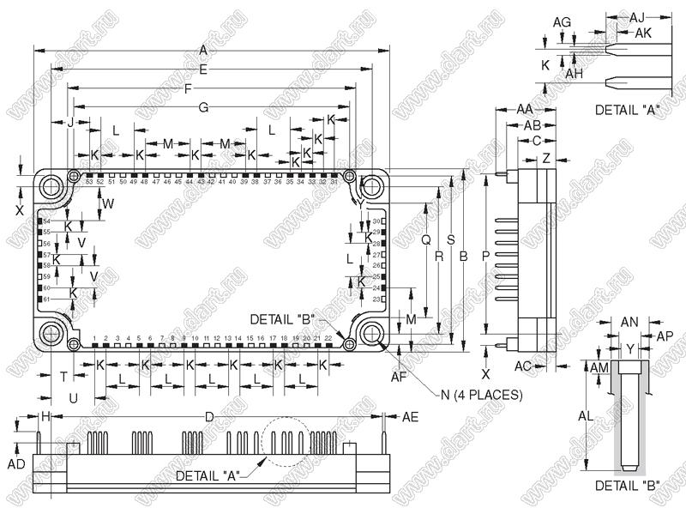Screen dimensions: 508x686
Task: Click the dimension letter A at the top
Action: click(202, 49)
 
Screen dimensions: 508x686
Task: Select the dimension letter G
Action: click(203, 107)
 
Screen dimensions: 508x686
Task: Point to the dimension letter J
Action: click(70, 122)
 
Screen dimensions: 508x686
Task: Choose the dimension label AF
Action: click(398, 376)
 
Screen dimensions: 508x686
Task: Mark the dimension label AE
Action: click(411, 416)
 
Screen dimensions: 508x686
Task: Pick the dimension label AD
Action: click(15, 463)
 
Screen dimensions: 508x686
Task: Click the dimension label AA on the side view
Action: click(526, 109)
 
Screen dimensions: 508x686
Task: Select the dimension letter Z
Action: click(546, 159)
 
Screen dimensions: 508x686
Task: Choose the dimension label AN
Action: click(629, 321)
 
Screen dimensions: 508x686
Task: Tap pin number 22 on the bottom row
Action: click(328, 338)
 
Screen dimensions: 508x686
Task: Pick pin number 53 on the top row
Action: click(89, 181)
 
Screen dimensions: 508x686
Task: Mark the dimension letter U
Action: click(74, 398)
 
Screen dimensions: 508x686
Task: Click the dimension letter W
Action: click(108, 203)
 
